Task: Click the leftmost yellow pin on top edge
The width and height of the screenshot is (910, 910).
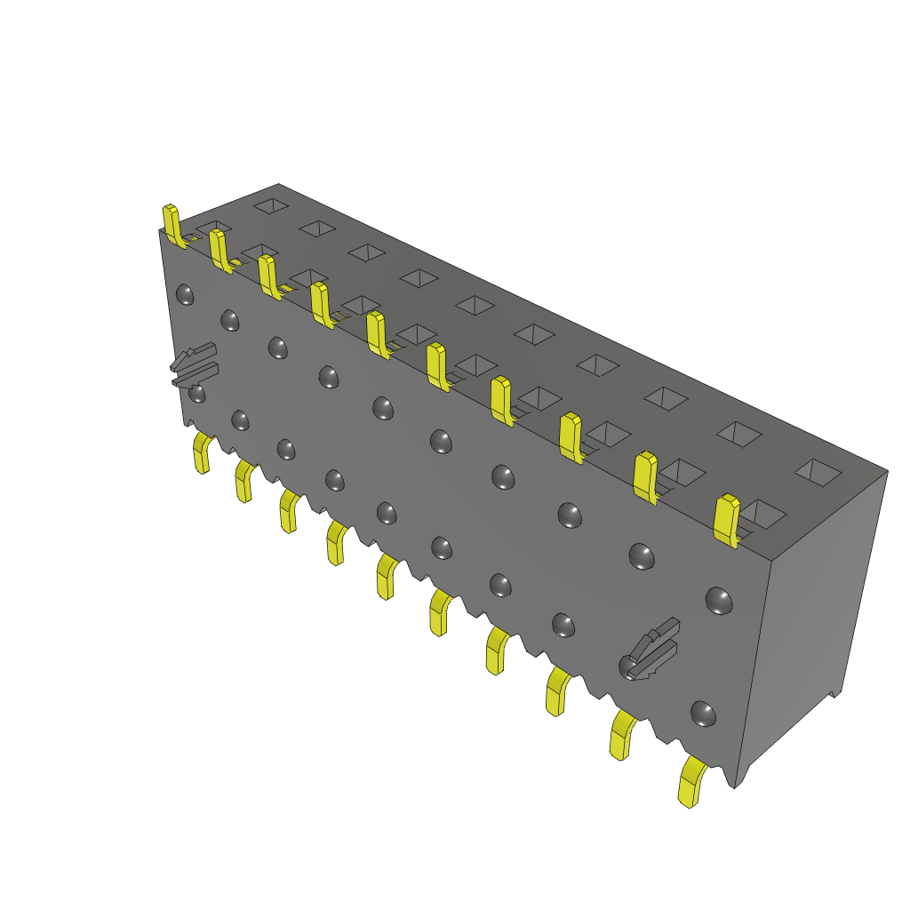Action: (x=172, y=225)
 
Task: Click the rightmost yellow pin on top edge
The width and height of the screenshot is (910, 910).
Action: (x=727, y=520)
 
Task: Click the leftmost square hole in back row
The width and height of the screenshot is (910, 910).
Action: (x=270, y=205)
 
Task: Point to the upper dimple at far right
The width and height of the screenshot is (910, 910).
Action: (x=718, y=600)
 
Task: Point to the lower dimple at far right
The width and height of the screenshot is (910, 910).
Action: (x=703, y=713)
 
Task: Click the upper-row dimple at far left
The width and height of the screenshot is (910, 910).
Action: (x=185, y=294)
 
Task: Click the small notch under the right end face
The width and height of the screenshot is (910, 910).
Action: (x=834, y=694)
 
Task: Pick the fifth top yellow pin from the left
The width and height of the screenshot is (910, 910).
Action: (x=377, y=334)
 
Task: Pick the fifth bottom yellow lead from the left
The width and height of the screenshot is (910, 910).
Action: (x=387, y=576)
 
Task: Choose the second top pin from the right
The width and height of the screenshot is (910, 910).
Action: (x=645, y=477)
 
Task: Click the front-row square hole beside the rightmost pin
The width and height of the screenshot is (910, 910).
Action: (x=763, y=514)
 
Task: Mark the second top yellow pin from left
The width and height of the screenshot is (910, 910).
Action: (x=220, y=250)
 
